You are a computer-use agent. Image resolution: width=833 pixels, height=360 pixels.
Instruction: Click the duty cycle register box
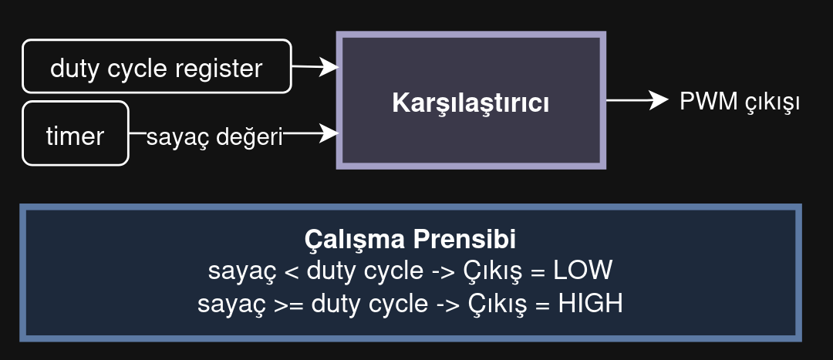(x=157, y=66)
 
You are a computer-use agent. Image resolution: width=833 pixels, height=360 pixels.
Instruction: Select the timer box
(x=76, y=133)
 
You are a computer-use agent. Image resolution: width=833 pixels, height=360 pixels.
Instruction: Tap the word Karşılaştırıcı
(x=470, y=103)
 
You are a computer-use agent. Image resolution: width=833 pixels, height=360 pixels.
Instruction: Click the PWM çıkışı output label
(x=740, y=102)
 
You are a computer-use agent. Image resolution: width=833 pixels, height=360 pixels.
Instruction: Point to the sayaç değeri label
(x=214, y=137)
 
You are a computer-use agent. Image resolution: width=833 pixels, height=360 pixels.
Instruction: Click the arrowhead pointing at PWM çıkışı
(x=659, y=99)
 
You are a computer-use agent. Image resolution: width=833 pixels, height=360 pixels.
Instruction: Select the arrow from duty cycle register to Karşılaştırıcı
(x=315, y=67)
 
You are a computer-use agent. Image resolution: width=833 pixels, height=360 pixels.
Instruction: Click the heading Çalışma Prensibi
(x=410, y=240)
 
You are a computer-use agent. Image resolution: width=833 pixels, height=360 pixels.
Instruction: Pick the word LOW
(x=583, y=271)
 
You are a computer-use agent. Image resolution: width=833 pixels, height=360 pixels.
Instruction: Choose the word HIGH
(x=590, y=304)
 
